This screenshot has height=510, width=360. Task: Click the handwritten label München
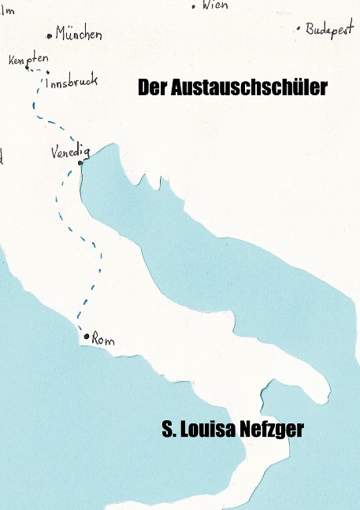[79, 34]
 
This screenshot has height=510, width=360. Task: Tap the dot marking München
[50, 35]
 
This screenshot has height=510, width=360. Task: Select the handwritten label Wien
[215, 5]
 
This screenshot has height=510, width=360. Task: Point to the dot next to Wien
[194, 6]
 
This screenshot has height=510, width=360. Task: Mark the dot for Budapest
[299, 28]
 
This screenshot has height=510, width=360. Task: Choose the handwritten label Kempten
[28, 59]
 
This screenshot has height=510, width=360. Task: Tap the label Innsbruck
[72, 82]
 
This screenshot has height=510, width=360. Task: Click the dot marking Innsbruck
[47, 73]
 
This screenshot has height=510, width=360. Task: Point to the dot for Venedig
[80, 163]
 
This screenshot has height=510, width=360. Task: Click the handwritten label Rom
[103, 340]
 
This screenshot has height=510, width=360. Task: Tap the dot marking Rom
[87, 336]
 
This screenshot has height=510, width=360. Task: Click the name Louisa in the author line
[207, 431]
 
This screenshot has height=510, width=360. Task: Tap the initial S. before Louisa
[168, 431]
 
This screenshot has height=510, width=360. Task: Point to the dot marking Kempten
[28, 68]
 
